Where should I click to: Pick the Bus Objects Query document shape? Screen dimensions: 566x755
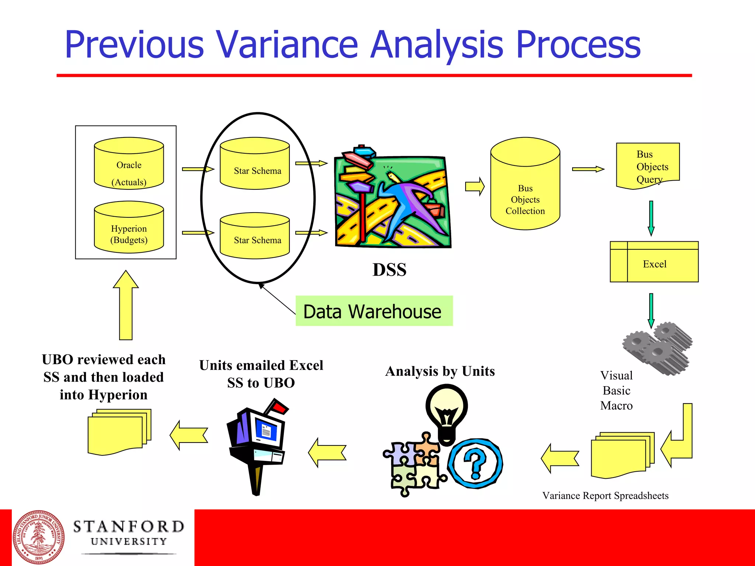[648, 166]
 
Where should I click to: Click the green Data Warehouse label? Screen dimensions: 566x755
[374, 311]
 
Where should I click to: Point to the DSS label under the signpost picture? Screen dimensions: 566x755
[389, 270]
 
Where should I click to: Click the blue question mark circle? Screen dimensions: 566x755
[476, 464]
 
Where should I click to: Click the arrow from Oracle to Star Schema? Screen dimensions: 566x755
[198, 169]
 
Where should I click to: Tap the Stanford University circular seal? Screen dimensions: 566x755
[38, 537]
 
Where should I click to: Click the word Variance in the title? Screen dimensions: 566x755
[286, 45]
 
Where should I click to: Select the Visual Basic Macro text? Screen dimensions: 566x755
[616, 391]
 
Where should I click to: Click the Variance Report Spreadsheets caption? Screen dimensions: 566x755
[605, 496]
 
